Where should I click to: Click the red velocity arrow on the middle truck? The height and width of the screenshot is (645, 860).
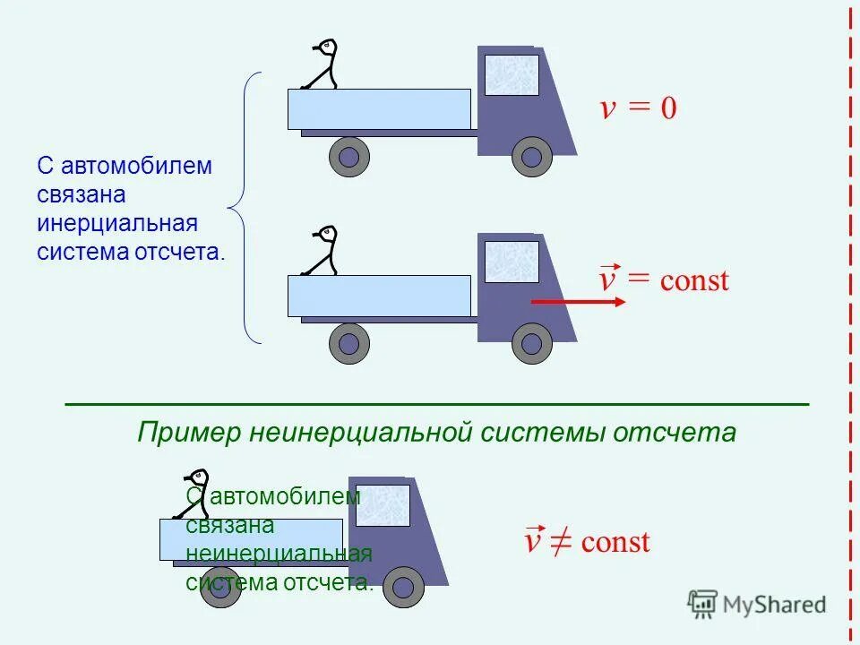[x=578, y=303]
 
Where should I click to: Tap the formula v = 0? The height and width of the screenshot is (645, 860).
[x=638, y=109]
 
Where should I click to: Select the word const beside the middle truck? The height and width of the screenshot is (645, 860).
[x=694, y=281]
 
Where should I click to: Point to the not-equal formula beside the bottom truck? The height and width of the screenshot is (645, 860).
[x=587, y=541]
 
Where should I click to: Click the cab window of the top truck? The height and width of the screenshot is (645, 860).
[x=512, y=75]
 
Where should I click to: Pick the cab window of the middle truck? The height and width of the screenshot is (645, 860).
[x=512, y=262]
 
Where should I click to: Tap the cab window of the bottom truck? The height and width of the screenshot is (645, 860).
[x=383, y=505]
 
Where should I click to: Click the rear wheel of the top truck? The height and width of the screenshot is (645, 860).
[x=349, y=158]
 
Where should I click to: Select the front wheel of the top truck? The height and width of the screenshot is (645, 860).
[x=532, y=158]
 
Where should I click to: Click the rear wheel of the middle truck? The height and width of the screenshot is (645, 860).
[x=349, y=344]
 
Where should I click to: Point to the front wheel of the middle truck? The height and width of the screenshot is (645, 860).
[x=532, y=344]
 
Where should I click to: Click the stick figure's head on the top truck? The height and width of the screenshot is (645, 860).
[x=327, y=46]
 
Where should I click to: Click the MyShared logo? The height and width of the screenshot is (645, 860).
[x=757, y=605]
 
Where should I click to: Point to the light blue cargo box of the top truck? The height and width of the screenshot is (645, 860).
[x=379, y=109]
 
